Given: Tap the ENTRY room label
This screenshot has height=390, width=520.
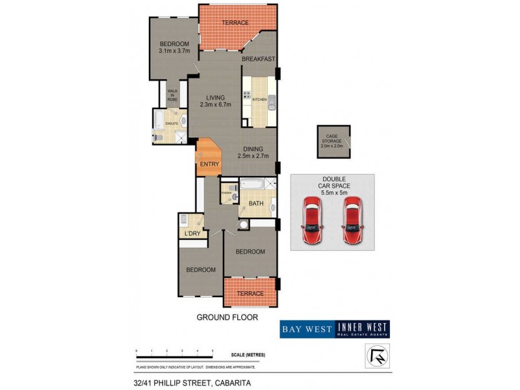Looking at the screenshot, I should [x=209, y=164].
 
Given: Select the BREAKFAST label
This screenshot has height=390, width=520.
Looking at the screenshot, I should [x=259, y=59].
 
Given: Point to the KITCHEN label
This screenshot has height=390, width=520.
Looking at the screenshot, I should [x=260, y=100].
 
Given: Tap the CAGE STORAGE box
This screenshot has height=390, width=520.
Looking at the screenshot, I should [x=333, y=141].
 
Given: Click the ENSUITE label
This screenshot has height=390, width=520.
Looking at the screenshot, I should [x=172, y=123].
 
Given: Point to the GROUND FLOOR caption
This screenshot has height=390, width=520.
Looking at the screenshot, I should [x=227, y=318].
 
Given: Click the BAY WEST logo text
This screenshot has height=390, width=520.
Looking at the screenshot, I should [x=307, y=330].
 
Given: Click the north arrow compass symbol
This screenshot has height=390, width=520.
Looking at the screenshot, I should [x=374, y=355].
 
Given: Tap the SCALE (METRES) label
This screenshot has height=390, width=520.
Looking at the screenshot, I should [x=248, y=355].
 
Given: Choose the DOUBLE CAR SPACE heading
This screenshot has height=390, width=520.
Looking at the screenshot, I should [x=333, y=183].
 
